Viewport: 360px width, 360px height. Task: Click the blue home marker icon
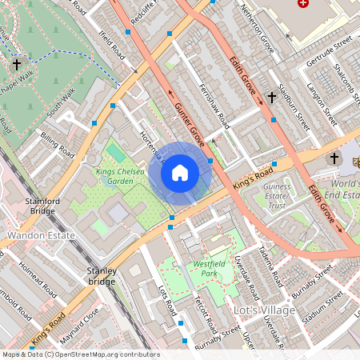(180, 172)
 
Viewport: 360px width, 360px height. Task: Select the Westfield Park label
(210, 268)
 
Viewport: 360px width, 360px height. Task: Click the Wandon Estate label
(41, 236)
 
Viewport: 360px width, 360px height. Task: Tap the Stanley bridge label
(102, 276)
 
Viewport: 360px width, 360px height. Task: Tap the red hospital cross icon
(302, 4)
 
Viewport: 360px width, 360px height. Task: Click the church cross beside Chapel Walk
(17, 63)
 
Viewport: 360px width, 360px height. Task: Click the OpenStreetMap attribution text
(80, 354)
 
